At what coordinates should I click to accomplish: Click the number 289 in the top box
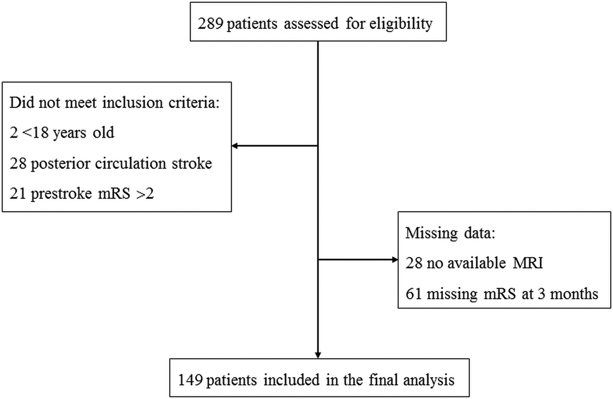tap(210, 24)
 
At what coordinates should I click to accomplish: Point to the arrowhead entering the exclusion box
tap(235, 146)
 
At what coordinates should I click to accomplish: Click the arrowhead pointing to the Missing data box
tap(395, 260)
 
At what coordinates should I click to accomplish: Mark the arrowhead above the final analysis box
tap(318, 355)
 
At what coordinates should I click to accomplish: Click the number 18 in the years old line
tap(41, 133)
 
